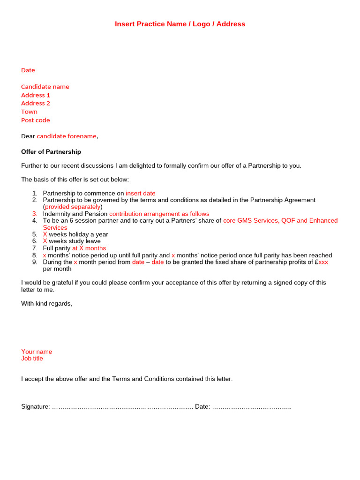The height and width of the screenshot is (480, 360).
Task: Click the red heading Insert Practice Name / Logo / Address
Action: [180, 24]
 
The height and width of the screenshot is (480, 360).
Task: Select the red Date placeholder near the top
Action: [28, 70]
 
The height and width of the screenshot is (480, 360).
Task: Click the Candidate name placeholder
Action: [45, 87]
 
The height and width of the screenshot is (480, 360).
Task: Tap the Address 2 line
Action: [36, 104]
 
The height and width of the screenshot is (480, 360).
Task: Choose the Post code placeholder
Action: [35, 120]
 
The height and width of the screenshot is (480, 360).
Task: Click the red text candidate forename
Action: [67, 136]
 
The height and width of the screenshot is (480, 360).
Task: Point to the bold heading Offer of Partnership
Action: [51, 152]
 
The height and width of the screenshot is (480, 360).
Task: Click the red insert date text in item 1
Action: [141, 193]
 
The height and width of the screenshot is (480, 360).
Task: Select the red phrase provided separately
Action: [73, 207]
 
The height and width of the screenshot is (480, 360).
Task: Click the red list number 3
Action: [35, 214]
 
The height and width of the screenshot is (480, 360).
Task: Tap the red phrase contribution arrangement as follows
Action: [159, 214]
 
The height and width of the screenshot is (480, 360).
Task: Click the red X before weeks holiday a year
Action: [45, 234]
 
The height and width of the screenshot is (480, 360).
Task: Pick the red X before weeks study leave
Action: [45, 241]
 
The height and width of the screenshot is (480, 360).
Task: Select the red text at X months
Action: [89, 248]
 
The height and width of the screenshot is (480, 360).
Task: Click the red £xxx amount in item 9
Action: [323, 262]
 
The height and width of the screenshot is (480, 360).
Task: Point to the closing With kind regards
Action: [47, 304]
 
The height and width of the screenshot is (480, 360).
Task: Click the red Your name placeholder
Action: [37, 352]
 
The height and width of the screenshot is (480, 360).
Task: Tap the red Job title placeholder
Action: [32, 359]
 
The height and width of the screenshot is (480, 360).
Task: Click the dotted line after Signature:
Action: [122, 407]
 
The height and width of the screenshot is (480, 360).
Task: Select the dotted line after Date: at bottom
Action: [252, 407]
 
